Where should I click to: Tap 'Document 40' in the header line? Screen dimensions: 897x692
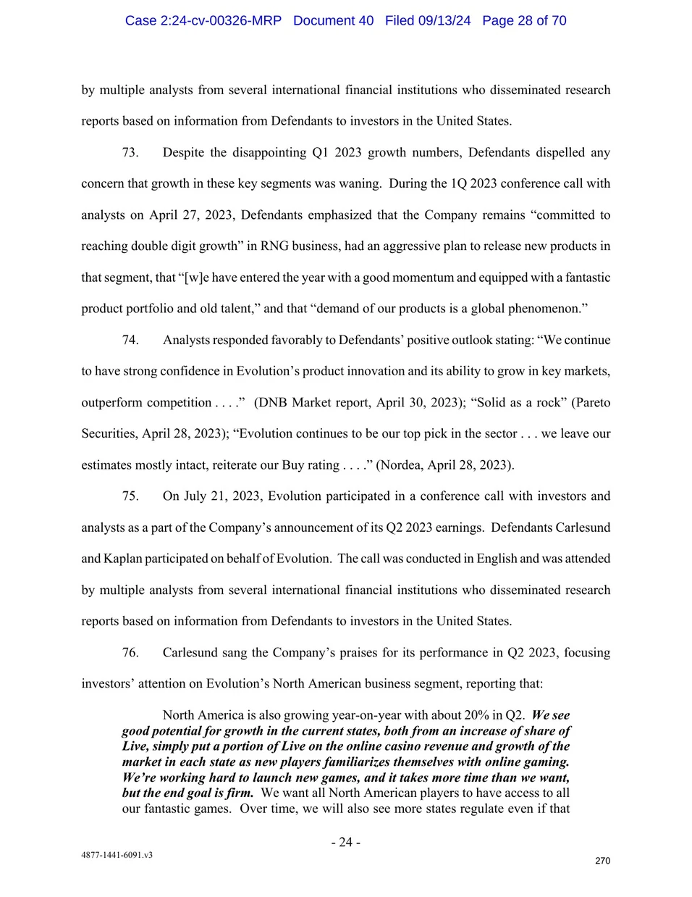pos(333,20)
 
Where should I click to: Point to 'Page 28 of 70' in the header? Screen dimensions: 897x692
pos(524,20)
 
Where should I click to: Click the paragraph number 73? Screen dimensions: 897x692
pos(130,153)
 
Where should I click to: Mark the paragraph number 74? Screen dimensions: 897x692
pos(130,340)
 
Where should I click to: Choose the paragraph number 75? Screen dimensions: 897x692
pos(130,496)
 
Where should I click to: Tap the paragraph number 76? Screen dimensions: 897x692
pos(130,653)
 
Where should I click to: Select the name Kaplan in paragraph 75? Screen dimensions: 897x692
pos(122,559)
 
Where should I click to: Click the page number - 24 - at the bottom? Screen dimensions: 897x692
pos(345,842)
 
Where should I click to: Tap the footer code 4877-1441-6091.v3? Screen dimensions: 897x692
pos(117,855)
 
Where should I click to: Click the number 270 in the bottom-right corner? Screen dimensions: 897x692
pos(602,861)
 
